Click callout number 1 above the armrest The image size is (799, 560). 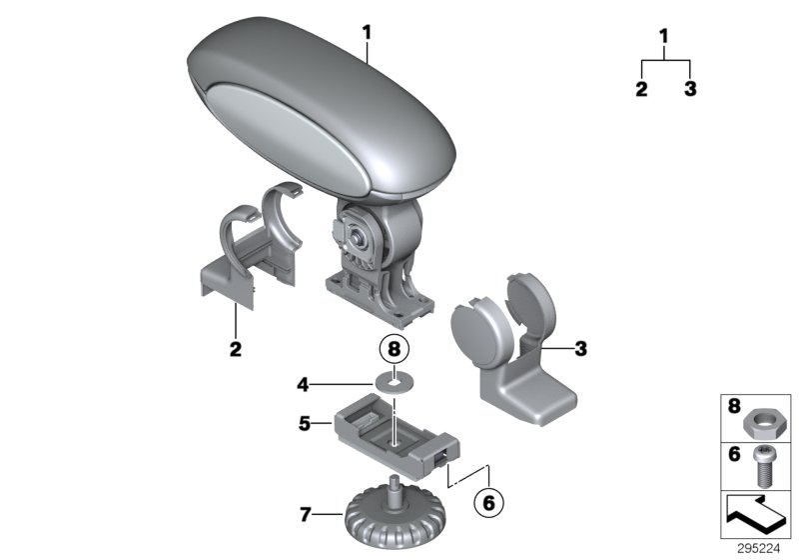(367, 33)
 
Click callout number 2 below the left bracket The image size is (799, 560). (236, 350)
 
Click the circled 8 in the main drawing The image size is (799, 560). (396, 351)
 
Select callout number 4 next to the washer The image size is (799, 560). (303, 382)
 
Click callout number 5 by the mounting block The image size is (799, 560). (305, 424)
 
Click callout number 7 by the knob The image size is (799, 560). (305, 515)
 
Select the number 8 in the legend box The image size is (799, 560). (734, 408)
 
